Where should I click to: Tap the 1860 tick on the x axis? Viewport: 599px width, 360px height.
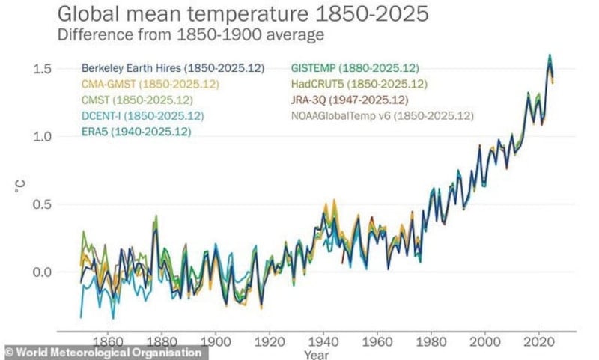tap(107, 338)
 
